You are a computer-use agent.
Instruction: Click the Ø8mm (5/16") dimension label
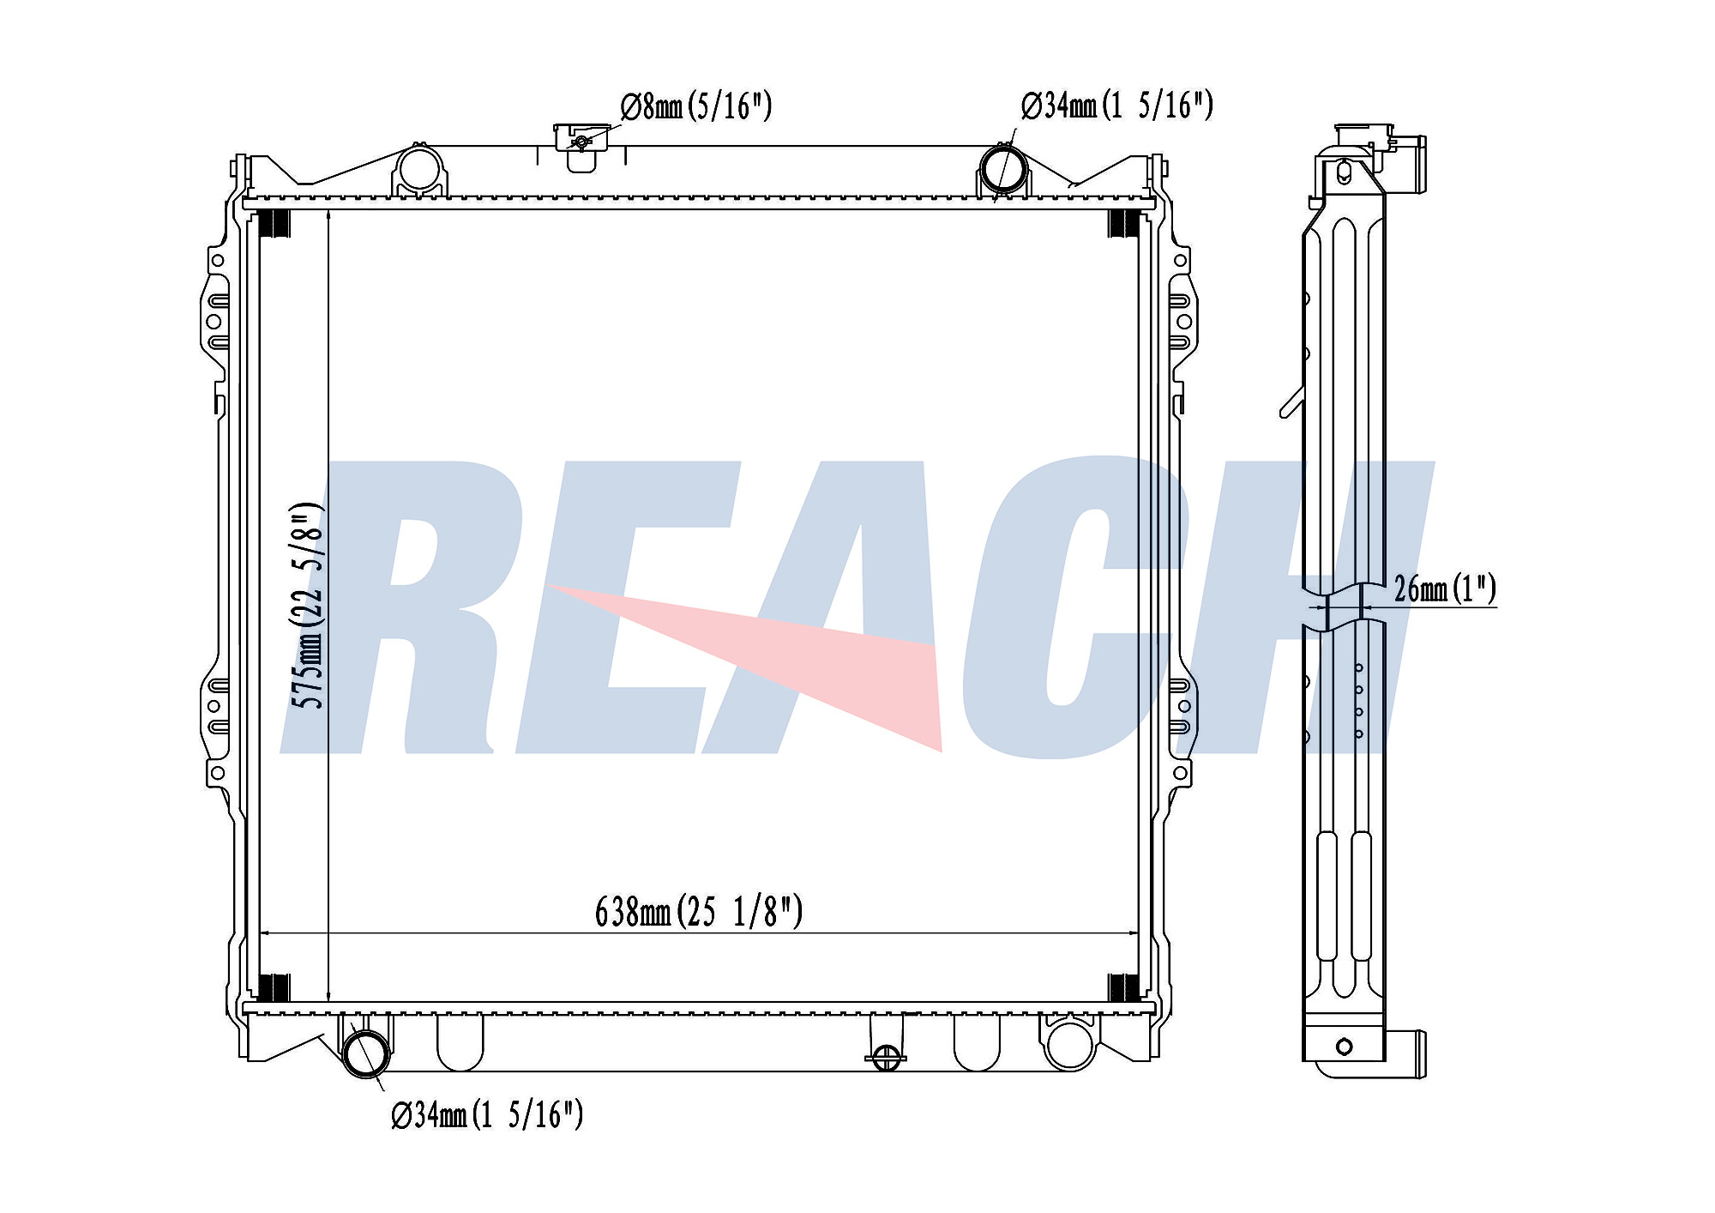[x=696, y=106]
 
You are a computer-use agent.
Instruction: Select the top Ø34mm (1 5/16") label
[x=1116, y=106]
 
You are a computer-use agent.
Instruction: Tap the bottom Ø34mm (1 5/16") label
[x=487, y=1114]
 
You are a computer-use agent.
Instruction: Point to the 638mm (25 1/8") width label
[x=699, y=911]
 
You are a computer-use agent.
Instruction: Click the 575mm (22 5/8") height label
[x=308, y=606]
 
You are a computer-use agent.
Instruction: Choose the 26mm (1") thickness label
[x=1445, y=588]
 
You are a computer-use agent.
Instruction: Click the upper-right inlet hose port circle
[x=1003, y=169]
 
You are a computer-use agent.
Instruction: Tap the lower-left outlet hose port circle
[x=366, y=1054]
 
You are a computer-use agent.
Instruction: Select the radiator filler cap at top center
[x=581, y=137]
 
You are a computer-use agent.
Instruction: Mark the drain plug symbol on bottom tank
[x=887, y=1056]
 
